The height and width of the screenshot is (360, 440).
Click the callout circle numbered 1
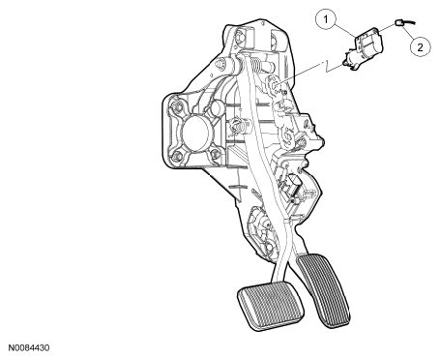pos(326,19)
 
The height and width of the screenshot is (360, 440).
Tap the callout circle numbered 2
pos(420,47)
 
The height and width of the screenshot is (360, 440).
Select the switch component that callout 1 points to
pos(365,48)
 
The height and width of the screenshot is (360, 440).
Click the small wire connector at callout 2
pos(398,23)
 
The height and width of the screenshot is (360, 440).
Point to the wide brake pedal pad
pos(271,305)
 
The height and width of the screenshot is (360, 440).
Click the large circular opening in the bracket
pos(195,133)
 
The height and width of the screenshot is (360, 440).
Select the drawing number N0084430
pos(29,348)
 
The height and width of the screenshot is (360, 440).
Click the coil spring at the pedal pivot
pos(256,64)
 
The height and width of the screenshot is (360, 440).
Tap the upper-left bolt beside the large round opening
pos(176,106)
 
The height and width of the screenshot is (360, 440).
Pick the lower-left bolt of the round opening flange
pos(177,157)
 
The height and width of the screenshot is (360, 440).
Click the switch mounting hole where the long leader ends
pos(275,85)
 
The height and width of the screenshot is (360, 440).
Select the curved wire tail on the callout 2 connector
pos(409,22)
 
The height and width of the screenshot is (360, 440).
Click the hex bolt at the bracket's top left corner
pos(241,35)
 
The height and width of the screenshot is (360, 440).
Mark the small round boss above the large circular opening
pos(217,108)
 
